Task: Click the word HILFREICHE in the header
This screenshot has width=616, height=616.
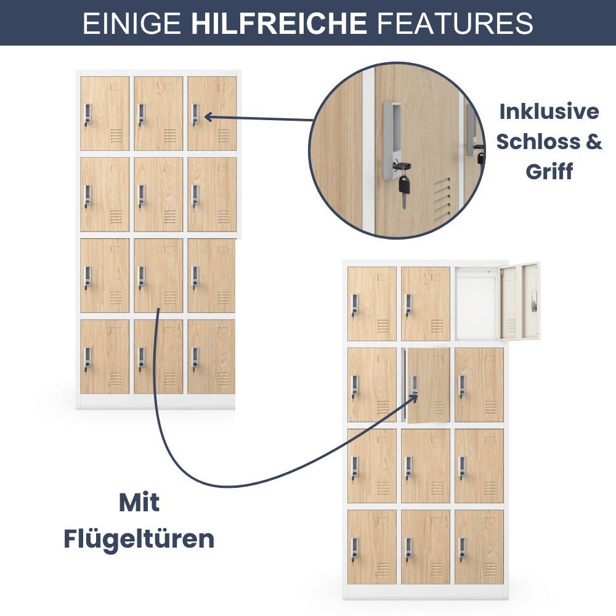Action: pyautogui.click(x=279, y=23)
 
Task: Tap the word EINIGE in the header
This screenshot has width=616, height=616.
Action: pyautogui.click(x=132, y=23)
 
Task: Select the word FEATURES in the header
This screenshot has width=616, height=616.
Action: pyautogui.click(x=455, y=23)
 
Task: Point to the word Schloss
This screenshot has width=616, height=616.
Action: pyautogui.click(x=538, y=141)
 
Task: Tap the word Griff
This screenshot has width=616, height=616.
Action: pyautogui.click(x=549, y=172)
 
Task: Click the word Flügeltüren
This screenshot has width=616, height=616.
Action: pyautogui.click(x=139, y=540)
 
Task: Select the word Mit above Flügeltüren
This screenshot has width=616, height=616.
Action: pyautogui.click(x=139, y=503)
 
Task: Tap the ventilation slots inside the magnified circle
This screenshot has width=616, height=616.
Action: pyautogui.click(x=443, y=198)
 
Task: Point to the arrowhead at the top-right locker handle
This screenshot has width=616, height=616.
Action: pyautogui.click(x=209, y=116)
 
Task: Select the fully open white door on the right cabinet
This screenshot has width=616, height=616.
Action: pyautogui.click(x=519, y=301)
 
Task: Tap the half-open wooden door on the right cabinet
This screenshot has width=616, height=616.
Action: pyautogui.click(x=429, y=386)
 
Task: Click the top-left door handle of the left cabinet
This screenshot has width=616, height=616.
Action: pyautogui.click(x=88, y=116)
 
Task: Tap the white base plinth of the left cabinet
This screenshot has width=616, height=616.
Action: pyautogui.click(x=156, y=402)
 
